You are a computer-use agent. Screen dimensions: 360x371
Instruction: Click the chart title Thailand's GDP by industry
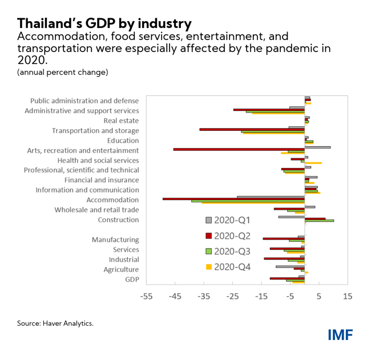click(104, 23)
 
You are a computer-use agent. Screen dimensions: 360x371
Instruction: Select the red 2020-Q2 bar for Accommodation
click(233, 199)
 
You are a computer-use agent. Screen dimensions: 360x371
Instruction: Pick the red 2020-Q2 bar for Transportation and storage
click(252, 129)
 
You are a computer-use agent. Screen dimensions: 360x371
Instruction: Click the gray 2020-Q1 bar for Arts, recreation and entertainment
click(317, 147)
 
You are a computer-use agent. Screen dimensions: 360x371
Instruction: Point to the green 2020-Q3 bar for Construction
click(319, 220)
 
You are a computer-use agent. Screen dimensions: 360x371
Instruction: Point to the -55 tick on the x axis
click(146, 296)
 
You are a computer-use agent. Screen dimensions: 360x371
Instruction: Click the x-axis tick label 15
click(348, 296)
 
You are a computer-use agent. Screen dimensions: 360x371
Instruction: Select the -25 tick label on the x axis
click(232, 296)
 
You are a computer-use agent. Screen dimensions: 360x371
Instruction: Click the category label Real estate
click(121, 121)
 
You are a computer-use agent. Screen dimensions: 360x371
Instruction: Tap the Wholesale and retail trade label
click(96, 210)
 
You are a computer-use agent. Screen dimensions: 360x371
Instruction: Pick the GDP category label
click(132, 279)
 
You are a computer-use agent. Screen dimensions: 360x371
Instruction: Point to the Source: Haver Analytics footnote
click(55, 323)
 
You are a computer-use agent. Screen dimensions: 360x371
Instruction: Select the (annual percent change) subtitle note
click(62, 73)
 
